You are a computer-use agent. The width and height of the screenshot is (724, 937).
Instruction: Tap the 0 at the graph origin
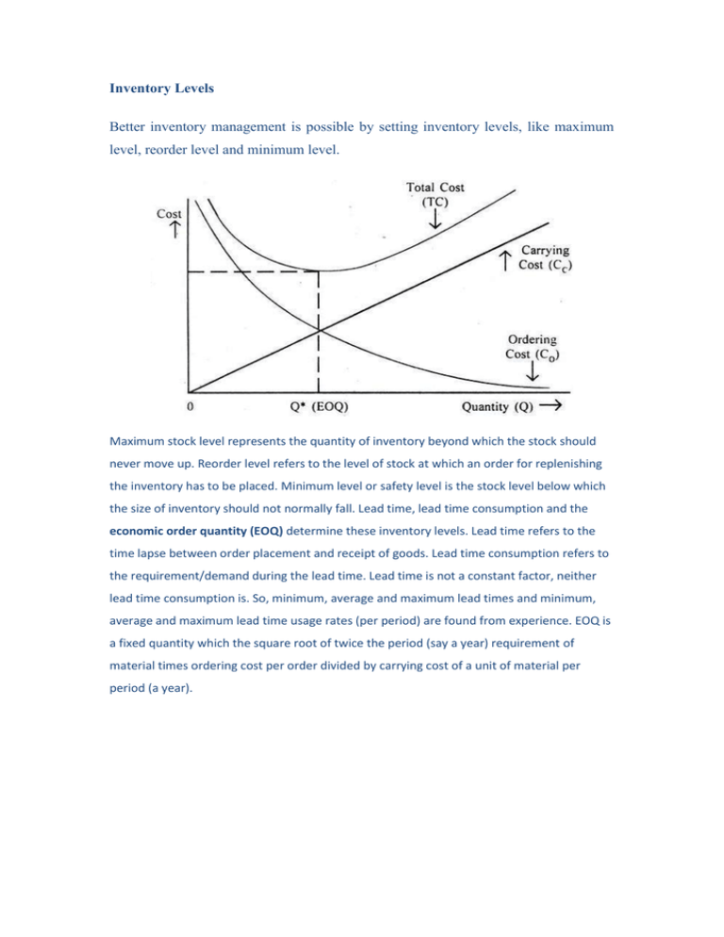pyautogui.click(x=189, y=407)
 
